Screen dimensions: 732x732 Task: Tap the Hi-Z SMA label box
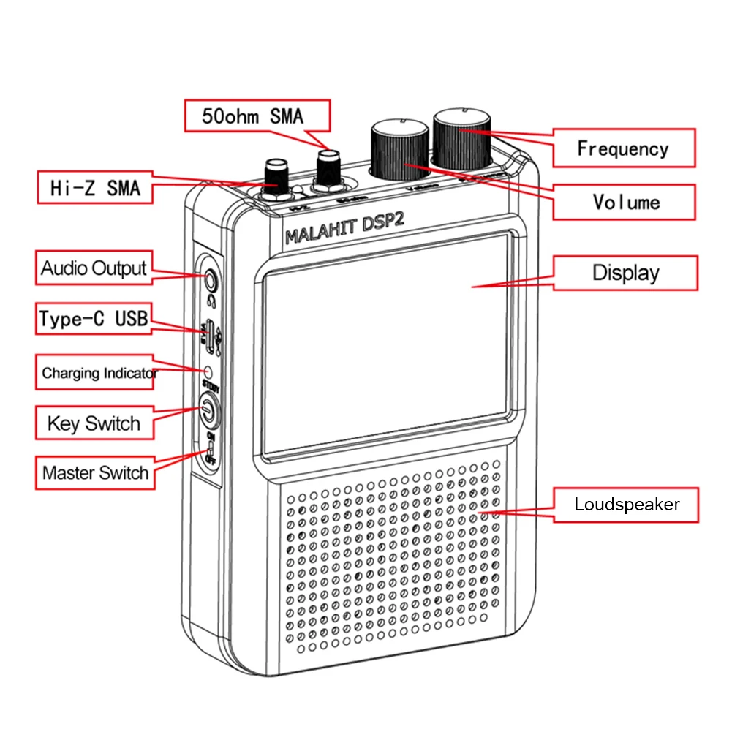(x=97, y=187)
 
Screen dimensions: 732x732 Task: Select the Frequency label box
(x=623, y=148)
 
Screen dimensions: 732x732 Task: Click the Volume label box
(x=623, y=201)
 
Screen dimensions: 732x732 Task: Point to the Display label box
(x=625, y=273)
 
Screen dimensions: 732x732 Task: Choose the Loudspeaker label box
(x=625, y=504)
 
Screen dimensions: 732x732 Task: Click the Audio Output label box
(x=94, y=268)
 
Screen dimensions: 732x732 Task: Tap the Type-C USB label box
(x=94, y=319)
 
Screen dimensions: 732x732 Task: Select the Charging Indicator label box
(x=97, y=373)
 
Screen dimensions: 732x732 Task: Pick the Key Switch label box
(x=94, y=423)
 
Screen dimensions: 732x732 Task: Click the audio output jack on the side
(x=211, y=279)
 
